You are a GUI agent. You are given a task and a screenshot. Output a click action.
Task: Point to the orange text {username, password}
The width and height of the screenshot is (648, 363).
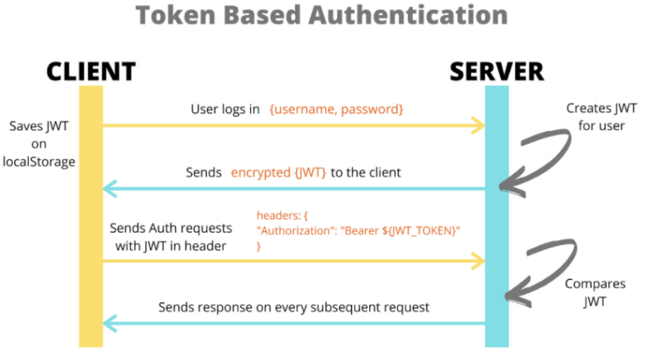pyautogui.click(x=336, y=108)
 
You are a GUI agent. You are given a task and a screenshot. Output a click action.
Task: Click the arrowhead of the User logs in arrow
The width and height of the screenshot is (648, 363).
pyautogui.click(x=479, y=125)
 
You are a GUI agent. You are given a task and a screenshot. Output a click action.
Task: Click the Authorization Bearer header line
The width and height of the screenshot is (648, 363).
pyautogui.click(x=358, y=232)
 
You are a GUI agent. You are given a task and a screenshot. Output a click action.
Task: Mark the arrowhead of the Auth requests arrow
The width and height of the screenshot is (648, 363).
pyautogui.click(x=479, y=261)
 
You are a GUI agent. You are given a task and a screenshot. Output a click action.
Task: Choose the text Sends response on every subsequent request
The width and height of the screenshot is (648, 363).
pyautogui.click(x=294, y=308)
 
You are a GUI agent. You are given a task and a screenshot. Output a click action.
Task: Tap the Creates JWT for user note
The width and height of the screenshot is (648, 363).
pyautogui.click(x=590, y=117)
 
